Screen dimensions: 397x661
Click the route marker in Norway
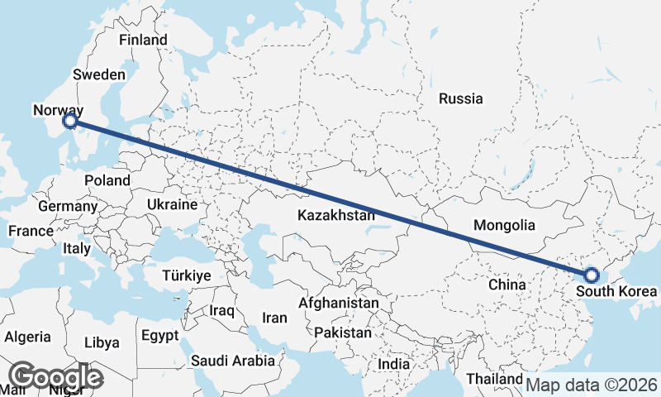coord(70,122)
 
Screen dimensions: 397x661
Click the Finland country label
coord(143,40)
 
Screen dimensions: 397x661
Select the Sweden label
coord(98,74)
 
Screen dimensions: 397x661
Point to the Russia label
coord(460,98)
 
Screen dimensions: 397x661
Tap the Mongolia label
coord(504,225)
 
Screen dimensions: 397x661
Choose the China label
coord(507,285)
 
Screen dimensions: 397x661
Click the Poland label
coord(107,180)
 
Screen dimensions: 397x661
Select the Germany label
coord(68,206)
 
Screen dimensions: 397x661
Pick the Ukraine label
coord(172,204)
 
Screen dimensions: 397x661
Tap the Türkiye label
coord(187,276)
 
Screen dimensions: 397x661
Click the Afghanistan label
coord(339,304)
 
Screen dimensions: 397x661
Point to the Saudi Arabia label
coord(232,361)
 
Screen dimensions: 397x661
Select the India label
coord(393,364)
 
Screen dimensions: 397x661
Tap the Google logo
coord(55,377)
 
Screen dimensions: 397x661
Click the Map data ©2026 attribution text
coord(592,385)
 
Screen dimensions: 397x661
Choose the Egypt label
coord(159,336)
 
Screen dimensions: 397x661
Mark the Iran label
coord(274,318)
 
